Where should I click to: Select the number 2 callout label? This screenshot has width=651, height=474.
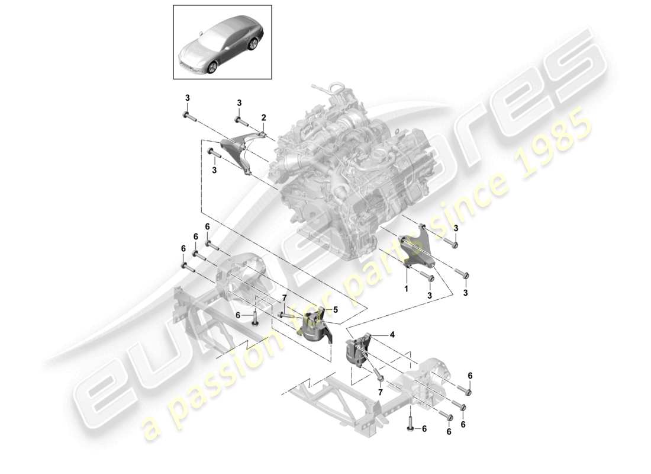pos(263,117)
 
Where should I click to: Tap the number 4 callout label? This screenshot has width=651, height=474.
pos(391,334)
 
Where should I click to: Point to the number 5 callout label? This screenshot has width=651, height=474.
pos(335,309)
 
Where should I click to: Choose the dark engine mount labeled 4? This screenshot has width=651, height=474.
pos(359,353)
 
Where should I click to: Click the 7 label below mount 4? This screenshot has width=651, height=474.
pos(379,392)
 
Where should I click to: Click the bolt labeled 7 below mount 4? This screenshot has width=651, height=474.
pos(379,377)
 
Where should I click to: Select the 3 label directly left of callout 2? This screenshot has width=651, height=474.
pos(240,103)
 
